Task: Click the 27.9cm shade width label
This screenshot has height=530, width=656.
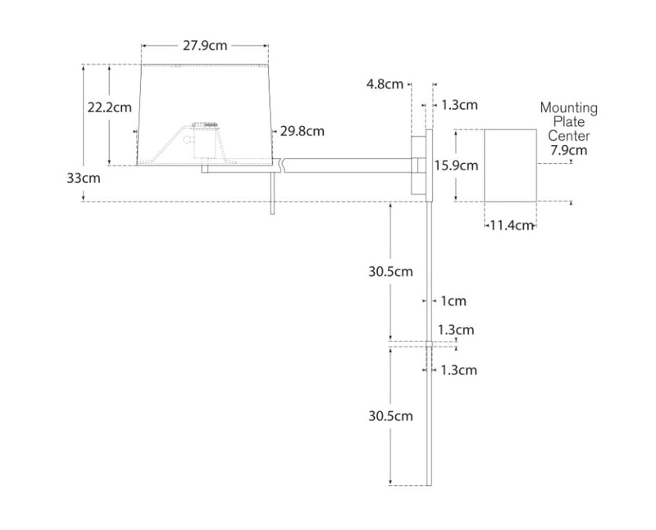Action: [x=204, y=47]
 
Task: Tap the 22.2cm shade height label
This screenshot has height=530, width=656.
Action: [x=109, y=106]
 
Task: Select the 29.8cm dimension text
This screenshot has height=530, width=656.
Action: [x=302, y=131]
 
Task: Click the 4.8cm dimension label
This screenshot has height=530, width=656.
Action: [x=385, y=84]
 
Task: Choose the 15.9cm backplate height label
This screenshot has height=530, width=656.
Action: [x=456, y=165]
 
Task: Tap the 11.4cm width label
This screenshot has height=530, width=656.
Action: [x=512, y=225]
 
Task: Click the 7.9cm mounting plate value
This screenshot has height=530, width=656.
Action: [x=568, y=150]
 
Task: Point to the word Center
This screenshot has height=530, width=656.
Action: [x=568, y=136]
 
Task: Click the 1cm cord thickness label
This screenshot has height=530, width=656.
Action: [x=453, y=301]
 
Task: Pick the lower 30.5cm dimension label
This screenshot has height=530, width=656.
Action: [x=390, y=416]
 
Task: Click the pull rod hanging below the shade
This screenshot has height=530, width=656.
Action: [x=271, y=197]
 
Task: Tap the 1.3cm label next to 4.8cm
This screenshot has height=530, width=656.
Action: [x=459, y=105]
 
